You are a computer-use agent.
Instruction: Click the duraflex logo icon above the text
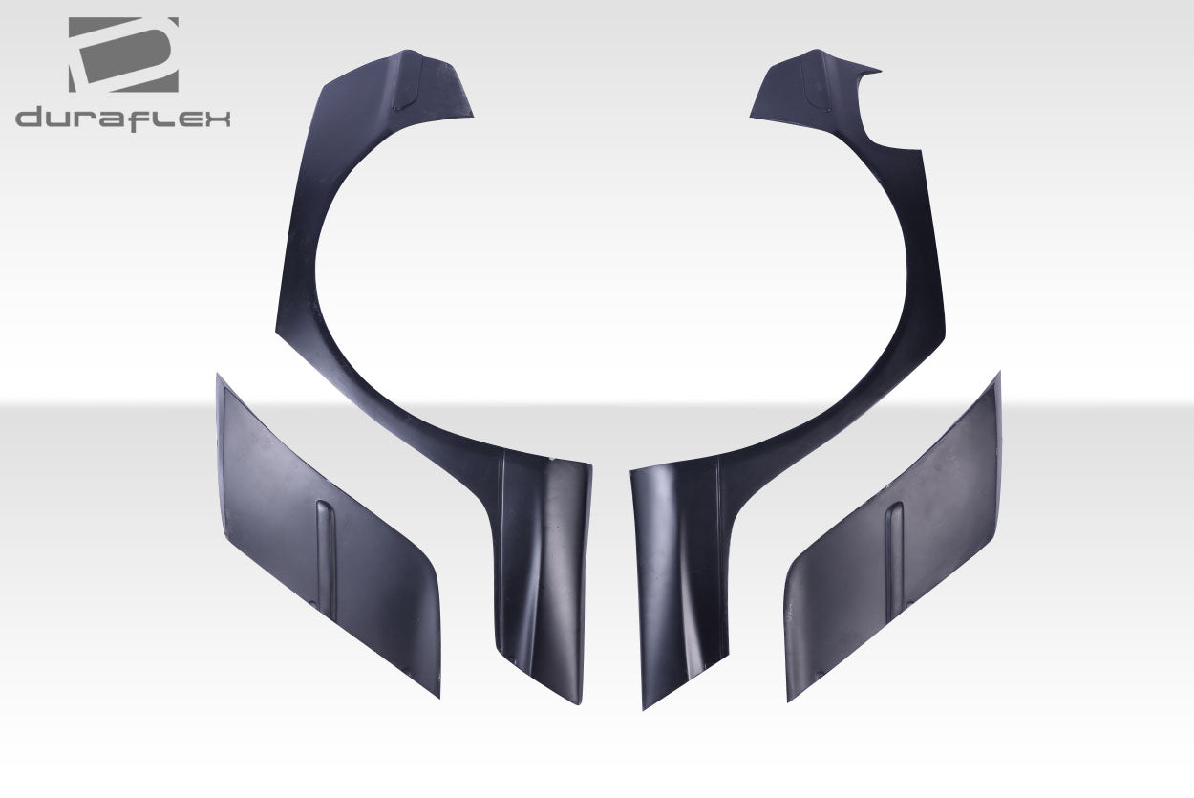click(x=122, y=54)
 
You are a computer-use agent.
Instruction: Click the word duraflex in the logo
click(x=122, y=119)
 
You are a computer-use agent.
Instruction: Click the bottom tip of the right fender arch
click(x=646, y=705)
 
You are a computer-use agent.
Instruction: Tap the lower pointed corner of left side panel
click(x=437, y=695)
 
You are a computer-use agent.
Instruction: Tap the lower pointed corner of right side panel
click(x=789, y=700)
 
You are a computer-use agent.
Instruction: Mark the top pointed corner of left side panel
click(x=218, y=377)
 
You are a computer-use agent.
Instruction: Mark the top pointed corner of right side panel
click(x=998, y=376)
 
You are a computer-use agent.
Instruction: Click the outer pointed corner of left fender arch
click(x=278, y=332)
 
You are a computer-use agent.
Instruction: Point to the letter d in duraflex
click(x=29, y=119)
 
